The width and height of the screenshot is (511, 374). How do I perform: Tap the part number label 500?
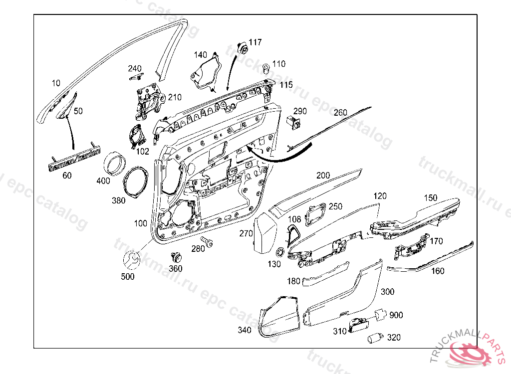tap(128, 277)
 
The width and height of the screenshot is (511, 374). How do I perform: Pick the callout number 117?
tap(255, 42)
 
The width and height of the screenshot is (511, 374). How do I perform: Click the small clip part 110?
tap(266, 68)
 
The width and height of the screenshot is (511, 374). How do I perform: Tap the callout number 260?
tap(340, 112)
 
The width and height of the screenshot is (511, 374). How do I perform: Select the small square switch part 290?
tap(294, 122)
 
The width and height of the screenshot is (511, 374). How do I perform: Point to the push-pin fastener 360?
tap(176, 258)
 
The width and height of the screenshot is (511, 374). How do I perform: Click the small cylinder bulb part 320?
tap(374, 338)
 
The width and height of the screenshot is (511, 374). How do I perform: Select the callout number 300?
tap(387, 292)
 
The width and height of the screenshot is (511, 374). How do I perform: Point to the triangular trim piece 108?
tap(293, 232)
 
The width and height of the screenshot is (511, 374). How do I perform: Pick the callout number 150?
tap(430, 198)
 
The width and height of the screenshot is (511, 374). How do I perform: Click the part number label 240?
tap(135, 68)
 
